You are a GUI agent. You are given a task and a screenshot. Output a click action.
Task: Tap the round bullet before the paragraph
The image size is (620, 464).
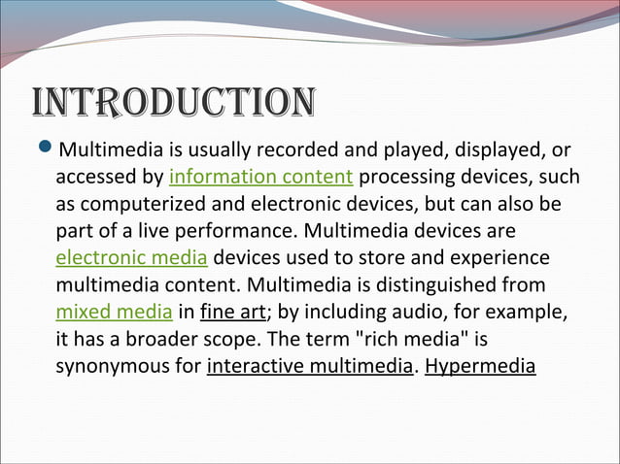point(44,150)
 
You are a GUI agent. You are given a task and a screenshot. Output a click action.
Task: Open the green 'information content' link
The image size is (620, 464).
point(260,178)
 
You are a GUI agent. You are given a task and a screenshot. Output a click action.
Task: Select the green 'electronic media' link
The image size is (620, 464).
point(131,258)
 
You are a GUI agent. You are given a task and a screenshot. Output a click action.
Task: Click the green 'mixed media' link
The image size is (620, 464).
point(114,313)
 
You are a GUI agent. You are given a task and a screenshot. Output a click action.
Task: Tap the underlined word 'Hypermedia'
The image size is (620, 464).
point(480,367)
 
